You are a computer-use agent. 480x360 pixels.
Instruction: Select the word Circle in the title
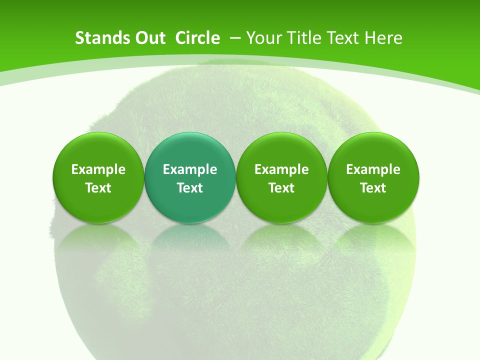point(197,38)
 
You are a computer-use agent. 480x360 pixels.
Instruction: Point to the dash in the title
point(234,38)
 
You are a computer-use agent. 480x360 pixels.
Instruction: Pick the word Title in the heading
point(304,38)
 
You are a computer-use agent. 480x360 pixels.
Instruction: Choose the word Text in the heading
point(344,38)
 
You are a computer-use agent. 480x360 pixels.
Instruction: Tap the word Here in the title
point(383,38)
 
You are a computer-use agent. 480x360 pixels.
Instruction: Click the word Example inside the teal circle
point(190,169)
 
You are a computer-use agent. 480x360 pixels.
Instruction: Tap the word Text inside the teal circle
point(190,188)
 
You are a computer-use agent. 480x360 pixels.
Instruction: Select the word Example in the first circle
point(98,169)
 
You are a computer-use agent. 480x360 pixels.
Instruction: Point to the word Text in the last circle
point(373,188)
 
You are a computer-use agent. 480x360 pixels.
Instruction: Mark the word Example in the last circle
point(373,169)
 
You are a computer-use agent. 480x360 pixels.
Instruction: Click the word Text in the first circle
point(98,188)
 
